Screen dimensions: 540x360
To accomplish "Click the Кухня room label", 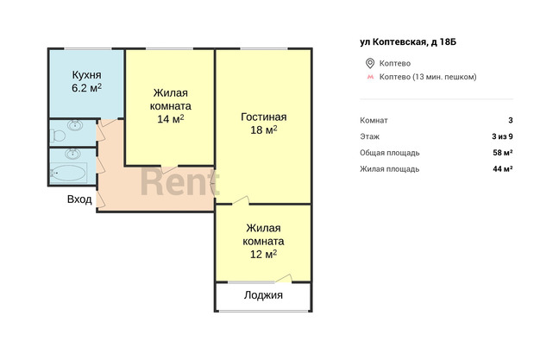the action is tap(86, 75).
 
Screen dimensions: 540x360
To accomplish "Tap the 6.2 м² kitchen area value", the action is tap(86, 88).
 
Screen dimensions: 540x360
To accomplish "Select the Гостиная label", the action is tap(263, 117).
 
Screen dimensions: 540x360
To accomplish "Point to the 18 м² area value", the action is tap(264, 130).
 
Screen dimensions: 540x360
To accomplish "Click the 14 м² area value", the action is tap(171, 119).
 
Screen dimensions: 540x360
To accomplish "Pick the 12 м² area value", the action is tap(263, 254).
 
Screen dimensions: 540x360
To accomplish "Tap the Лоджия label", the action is tap(263, 295).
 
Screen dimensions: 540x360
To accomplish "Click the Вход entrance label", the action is tap(79, 199).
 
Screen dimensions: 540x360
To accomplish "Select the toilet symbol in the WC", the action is tap(58, 136).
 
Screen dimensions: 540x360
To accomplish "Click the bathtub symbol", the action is tap(68, 173).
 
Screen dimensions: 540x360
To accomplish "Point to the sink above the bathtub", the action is tap(73, 154).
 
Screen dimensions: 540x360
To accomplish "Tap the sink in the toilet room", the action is tap(75, 125).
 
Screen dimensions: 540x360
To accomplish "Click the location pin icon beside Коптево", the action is tap(370, 63).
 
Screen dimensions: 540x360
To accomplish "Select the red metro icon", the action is tap(370, 77).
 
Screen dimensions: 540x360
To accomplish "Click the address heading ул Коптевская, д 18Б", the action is tap(408, 42).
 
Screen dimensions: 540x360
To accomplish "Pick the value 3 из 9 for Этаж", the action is tap(502, 136).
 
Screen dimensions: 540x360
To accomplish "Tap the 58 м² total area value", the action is tap(502, 153).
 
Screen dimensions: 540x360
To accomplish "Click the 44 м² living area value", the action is tap(502, 168).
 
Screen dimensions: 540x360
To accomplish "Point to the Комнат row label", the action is tap(374, 120).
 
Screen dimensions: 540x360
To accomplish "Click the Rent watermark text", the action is tap(179, 181).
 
